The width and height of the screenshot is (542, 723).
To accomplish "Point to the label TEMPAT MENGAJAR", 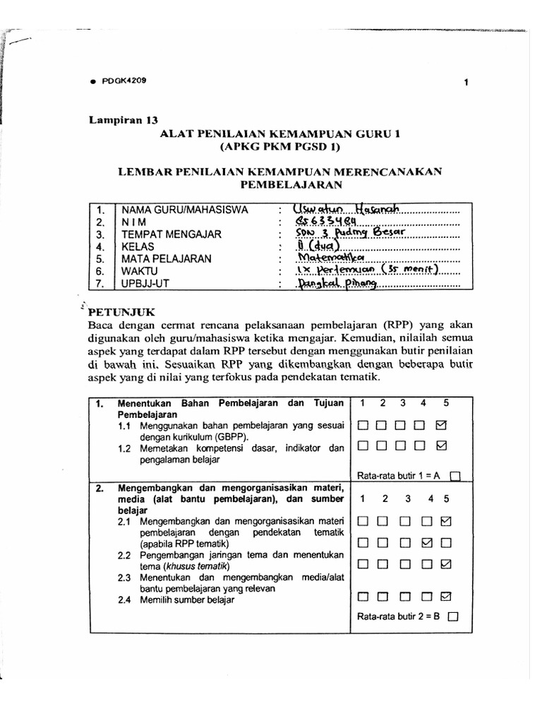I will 171,234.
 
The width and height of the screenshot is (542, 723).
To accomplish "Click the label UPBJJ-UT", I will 149,283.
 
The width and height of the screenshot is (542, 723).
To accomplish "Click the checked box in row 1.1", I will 442,426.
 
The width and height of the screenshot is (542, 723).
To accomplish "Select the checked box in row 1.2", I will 442,446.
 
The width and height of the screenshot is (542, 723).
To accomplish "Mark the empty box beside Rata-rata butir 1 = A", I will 454,476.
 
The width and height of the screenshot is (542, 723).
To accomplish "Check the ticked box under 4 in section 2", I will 426,543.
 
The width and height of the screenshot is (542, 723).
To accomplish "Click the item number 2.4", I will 126,600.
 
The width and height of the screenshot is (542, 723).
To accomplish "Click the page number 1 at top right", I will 466,83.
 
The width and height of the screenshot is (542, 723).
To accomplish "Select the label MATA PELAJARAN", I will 167,258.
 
